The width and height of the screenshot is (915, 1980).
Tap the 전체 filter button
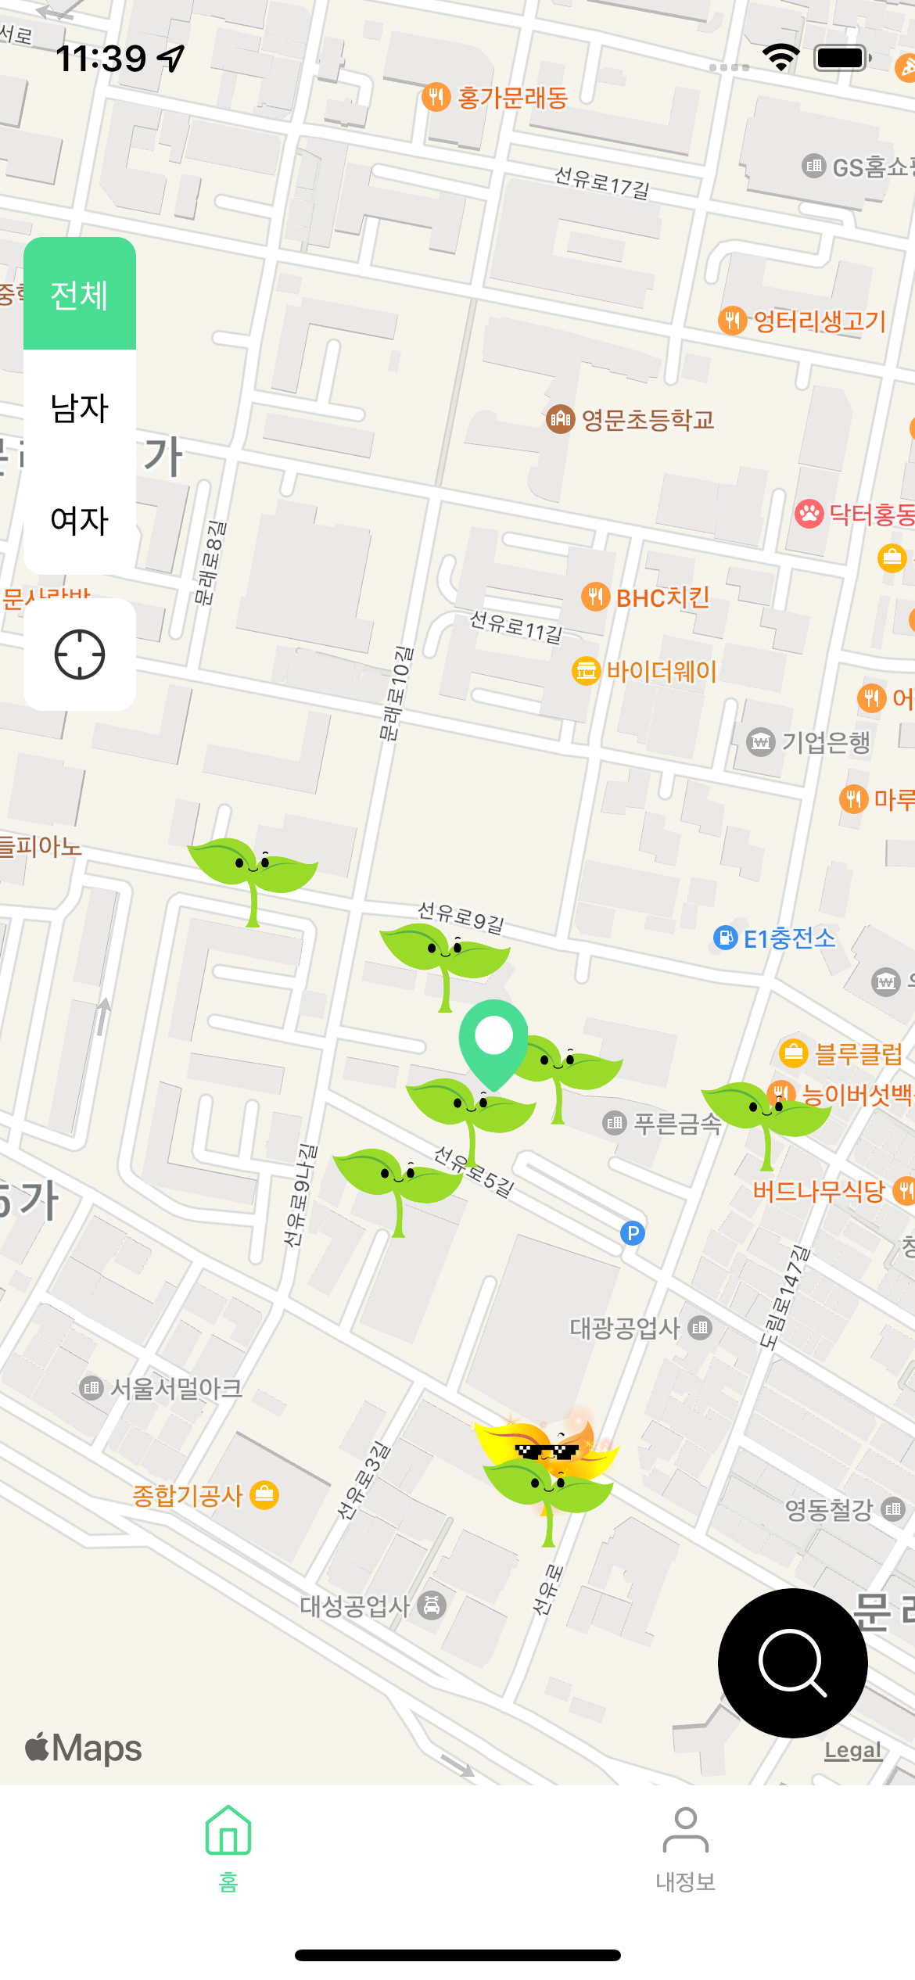tap(80, 295)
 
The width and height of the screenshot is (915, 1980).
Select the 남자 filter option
tap(80, 408)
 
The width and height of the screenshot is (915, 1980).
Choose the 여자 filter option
tap(80, 520)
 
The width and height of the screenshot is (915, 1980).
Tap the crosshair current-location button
tap(80, 655)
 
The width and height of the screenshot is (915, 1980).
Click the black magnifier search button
tap(792, 1663)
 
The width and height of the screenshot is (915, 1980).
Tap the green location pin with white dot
tap(493, 1038)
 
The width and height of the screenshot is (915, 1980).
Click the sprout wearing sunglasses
tap(548, 1470)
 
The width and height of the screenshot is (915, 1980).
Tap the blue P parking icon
tap(632, 1233)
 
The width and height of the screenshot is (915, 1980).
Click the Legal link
tap(852, 1751)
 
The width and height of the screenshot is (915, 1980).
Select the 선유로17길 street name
tap(601, 182)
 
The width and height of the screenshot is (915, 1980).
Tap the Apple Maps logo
tap(84, 1748)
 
